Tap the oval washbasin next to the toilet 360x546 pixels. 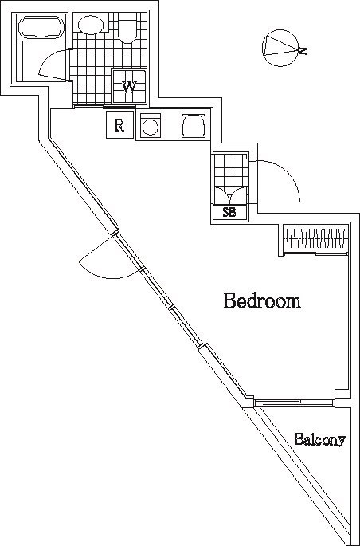91,26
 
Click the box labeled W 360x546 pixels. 128,87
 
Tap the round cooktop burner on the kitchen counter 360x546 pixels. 150,126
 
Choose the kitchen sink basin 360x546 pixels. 194,125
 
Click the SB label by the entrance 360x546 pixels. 229,212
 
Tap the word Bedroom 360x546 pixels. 261,301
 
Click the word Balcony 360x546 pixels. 319,439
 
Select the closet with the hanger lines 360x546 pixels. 316,239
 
